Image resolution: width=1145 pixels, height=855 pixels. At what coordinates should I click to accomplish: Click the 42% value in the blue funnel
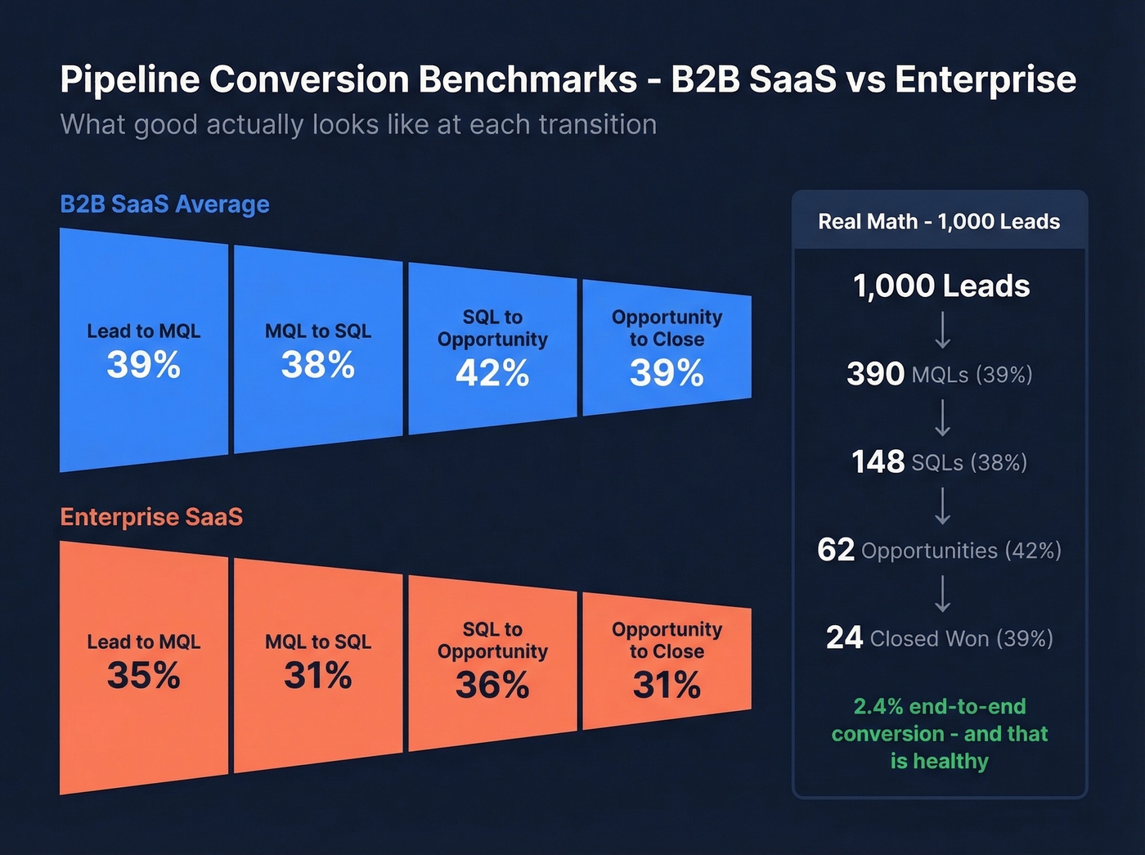pos(492,374)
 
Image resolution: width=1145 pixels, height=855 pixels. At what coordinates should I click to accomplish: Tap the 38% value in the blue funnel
pos(317,365)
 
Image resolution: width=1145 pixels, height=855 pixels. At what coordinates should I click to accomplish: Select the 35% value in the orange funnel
pos(143,676)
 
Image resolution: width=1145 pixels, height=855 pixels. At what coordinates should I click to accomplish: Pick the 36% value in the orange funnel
pos(492,686)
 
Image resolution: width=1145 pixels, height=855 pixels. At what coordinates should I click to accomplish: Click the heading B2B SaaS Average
pos(164,204)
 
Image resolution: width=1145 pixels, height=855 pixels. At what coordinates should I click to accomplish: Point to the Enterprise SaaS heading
pos(151,517)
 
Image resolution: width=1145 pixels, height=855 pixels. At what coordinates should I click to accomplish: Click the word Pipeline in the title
pos(129,79)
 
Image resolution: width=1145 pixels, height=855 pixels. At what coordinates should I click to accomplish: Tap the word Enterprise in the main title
pos(985,79)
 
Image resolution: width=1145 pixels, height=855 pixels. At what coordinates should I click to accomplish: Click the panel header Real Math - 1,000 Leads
pos(939,222)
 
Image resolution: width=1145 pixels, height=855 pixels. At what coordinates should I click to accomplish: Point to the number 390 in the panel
pos(875,374)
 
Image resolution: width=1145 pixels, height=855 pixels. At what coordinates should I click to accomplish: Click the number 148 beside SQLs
pos(878,462)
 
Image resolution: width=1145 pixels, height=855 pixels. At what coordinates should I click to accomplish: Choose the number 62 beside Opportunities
pos(836,550)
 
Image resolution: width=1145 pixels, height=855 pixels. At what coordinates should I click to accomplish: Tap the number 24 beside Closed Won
pos(844,637)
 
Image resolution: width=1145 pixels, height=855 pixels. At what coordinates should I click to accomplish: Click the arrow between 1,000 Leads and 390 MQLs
pos(942,330)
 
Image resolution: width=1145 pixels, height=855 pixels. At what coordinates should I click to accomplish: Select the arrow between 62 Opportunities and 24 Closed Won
pos(942,593)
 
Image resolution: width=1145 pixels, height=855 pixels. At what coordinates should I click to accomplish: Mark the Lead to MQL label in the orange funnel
pos(143,642)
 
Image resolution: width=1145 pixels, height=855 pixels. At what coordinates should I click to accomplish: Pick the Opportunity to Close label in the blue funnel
pos(667,328)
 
